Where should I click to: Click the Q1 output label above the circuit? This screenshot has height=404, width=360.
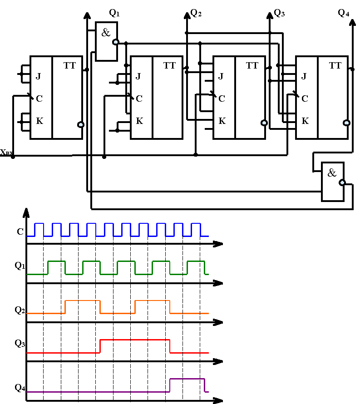[x=115, y=13]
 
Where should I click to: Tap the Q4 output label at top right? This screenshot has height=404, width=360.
[x=344, y=13]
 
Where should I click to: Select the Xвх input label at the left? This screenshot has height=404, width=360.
[x=6, y=153]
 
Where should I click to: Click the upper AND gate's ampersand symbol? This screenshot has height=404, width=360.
[x=106, y=32]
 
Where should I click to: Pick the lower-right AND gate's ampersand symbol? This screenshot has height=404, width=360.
[x=332, y=172]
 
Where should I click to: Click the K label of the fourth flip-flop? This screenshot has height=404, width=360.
[x=305, y=121]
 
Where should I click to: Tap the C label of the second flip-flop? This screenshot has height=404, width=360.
[x=139, y=99]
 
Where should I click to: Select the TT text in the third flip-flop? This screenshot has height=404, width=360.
[x=252, y=66]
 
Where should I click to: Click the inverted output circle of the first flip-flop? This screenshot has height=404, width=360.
[x=81, y=124]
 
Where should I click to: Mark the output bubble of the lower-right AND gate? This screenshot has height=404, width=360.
[x=342, y=182]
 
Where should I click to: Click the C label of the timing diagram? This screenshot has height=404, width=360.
[x=20, y=232]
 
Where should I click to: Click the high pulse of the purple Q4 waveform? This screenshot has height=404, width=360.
[x=187, y=379]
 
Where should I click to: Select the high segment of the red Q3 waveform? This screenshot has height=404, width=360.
[x=135, y=340]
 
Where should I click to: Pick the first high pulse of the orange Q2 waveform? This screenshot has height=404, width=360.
[x=83, y=301]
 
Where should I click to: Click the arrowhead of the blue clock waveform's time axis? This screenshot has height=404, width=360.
[x=220, y=244]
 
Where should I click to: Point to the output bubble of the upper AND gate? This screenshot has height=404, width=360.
[x=116, y=42]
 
